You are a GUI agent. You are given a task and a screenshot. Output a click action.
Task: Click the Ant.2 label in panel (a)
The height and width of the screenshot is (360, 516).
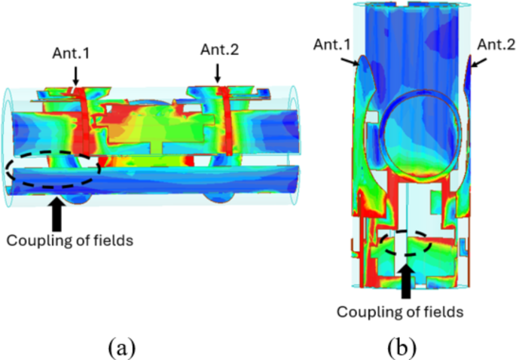point(218,50)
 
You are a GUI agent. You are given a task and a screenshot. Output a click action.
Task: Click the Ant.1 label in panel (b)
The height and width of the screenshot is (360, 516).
point(332,44)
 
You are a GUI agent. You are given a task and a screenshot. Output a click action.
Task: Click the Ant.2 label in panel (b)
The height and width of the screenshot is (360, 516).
point(498,45)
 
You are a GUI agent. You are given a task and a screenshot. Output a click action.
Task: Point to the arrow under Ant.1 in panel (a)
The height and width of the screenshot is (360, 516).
point(76,75)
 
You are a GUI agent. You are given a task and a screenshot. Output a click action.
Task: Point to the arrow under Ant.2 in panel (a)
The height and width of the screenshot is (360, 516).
point(218,72)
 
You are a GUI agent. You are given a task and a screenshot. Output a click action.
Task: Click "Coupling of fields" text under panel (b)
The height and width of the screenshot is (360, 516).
point(399,310)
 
